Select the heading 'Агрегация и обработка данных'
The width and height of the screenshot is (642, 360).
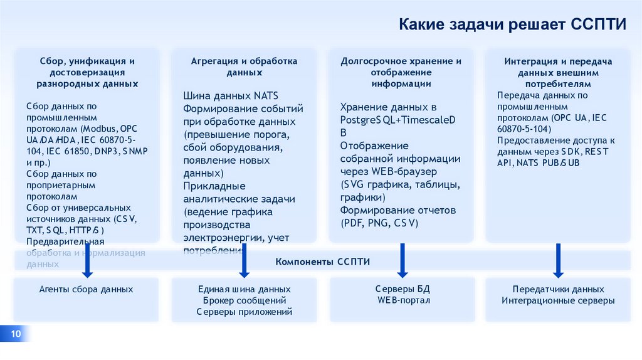244,66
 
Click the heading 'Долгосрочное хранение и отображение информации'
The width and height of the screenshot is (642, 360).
401,72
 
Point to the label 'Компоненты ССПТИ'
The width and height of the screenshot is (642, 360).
322,261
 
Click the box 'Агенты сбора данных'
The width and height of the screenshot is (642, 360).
86,290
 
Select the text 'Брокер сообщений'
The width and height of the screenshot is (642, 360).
244,300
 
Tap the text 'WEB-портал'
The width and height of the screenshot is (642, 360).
403,300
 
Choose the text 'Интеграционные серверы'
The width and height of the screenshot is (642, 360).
558,300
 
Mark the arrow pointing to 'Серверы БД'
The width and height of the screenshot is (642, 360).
402,262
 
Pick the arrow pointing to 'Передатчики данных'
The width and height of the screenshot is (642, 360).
557,262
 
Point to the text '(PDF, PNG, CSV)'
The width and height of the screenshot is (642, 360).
379,223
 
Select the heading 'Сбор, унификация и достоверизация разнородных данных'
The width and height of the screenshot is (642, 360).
87,72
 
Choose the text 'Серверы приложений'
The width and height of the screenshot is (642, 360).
244,312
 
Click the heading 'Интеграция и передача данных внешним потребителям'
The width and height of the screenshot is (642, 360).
558,72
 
